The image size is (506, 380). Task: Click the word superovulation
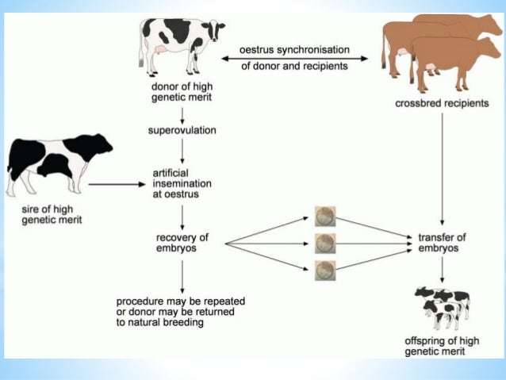click(x=182, y=129)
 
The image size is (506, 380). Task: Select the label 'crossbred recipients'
click(x=441, y=105)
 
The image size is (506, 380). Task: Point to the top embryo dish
click(x=323, y=215)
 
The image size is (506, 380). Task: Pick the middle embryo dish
click(x=323, y=241)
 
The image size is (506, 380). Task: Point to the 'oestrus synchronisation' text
click(x=293, y=49)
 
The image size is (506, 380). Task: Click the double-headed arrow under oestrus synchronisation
click(x=293, y=58)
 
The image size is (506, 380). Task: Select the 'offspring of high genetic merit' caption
click(x=441, y=346)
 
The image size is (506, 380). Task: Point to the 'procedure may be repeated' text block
click(x=180, y=312)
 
